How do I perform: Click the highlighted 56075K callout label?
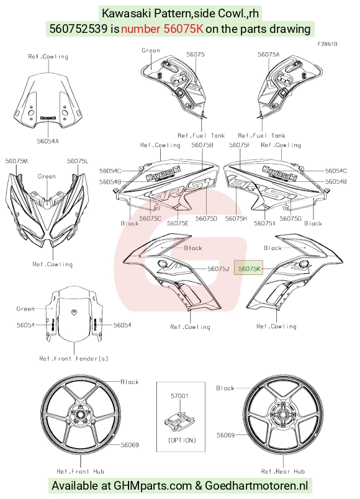(250, 269)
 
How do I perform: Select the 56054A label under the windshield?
(48, 141)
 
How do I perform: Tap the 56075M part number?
(16, 161)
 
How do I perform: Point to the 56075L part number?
(78, 161)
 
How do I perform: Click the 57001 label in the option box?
(179, 396)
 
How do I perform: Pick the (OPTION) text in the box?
(182, 440)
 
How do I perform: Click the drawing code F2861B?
(327, 44)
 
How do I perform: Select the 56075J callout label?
(218, 269)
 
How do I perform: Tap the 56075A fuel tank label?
(268, 55)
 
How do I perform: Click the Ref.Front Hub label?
(80, 471)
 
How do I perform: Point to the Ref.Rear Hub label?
(282, 471)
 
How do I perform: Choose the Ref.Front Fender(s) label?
(74, 359)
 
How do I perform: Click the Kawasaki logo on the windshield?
(48, 117)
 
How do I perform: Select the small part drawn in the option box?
(179, 420)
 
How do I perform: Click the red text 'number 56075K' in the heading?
(162, 29)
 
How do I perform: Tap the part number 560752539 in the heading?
(78, 29)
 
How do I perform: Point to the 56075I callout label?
(264, 223)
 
